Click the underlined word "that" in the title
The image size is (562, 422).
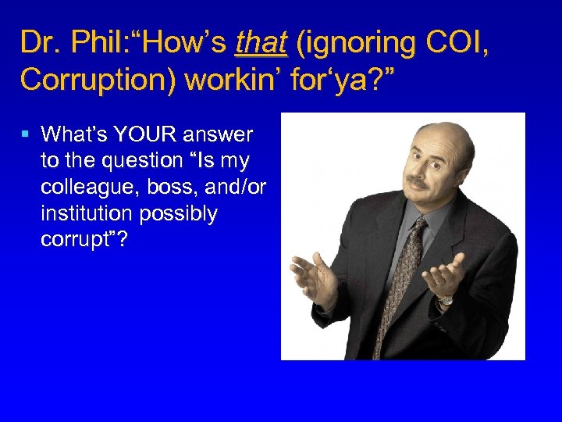click(x=261, y=43)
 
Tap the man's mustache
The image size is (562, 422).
click(x=418, y=182)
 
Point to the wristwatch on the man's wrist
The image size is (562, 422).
click(x=445, y=299)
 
